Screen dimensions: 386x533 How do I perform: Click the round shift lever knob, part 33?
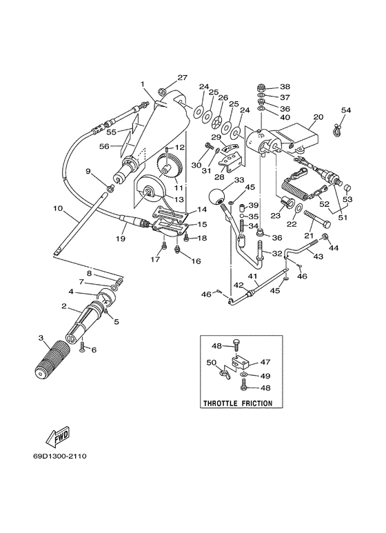click(x=216, y=197)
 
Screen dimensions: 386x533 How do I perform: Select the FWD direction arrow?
click(x=58, y=436)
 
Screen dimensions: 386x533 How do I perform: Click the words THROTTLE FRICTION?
click(x=238, y=403)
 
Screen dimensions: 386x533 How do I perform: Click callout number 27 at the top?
click(x=183, y=77)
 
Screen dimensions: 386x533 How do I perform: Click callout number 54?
click(x=346, y=110)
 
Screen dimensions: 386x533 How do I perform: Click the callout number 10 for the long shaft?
click(x=58, y=208)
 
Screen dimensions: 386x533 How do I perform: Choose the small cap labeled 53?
click(x=348, y=188)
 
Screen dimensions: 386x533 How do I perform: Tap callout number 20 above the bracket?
click(x=318, y=117)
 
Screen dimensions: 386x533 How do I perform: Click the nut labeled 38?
click(x=262, y=87)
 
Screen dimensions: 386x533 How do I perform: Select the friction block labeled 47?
click(x=241, y=362)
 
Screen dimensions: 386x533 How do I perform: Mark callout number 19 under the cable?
click(x=121, y=239)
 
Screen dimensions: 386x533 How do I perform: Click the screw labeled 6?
click(x=83, y=347)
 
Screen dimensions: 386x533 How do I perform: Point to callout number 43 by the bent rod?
click(x=318, y=257)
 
